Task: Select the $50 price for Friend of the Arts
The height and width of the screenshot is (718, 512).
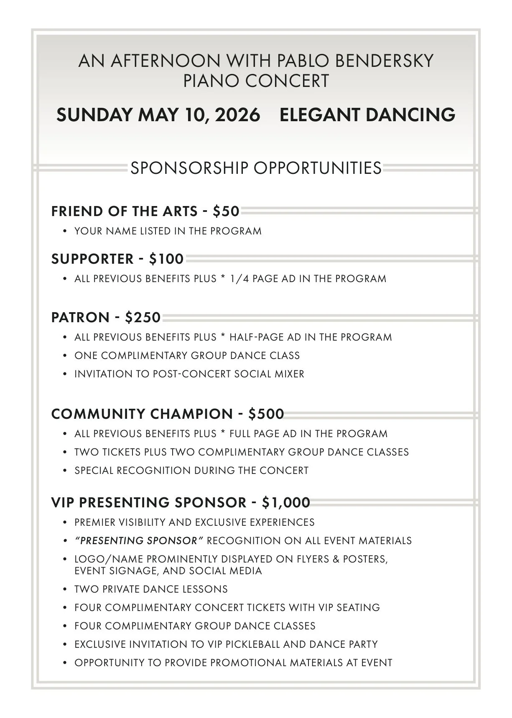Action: coord(226,211)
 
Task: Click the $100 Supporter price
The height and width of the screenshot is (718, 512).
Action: coord(166,259)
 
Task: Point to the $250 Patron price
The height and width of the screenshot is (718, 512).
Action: coord(143,318)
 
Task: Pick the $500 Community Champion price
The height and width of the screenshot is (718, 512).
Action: coord(266,414)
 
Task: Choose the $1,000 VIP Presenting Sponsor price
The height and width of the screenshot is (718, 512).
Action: coord(286,502)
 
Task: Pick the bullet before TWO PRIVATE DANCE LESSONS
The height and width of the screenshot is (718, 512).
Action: coord(65,589)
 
